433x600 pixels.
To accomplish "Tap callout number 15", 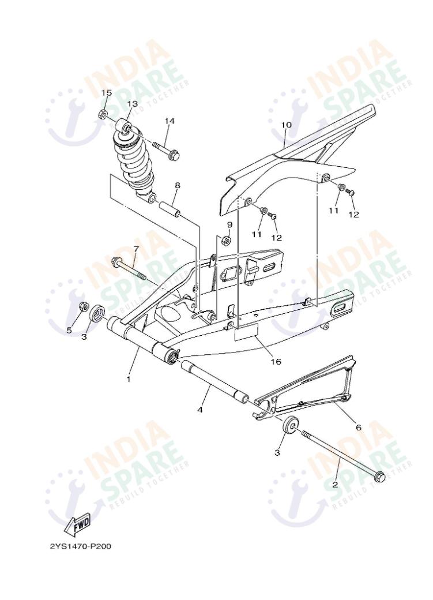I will coord(107,93).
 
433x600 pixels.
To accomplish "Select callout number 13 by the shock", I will coord(133,104).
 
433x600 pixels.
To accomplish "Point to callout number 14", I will coord(169,121).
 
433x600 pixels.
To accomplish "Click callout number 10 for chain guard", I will coord(287,125).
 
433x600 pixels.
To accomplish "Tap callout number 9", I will coord(229,224).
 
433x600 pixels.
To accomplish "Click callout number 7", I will coord(136,249).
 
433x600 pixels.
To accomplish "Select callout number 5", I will coord(69,330).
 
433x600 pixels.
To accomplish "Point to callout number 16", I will coord(276,362).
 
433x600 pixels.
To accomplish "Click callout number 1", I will coord(129,379).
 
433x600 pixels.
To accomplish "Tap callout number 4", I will coord(200,410).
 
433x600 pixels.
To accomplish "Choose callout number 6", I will coord(358,427).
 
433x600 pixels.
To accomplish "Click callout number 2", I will coord(334,485).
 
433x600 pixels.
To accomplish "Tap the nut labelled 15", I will coord(104,113).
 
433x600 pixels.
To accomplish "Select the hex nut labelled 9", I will coord(227,239).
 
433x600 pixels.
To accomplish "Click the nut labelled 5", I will coord(83,306).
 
